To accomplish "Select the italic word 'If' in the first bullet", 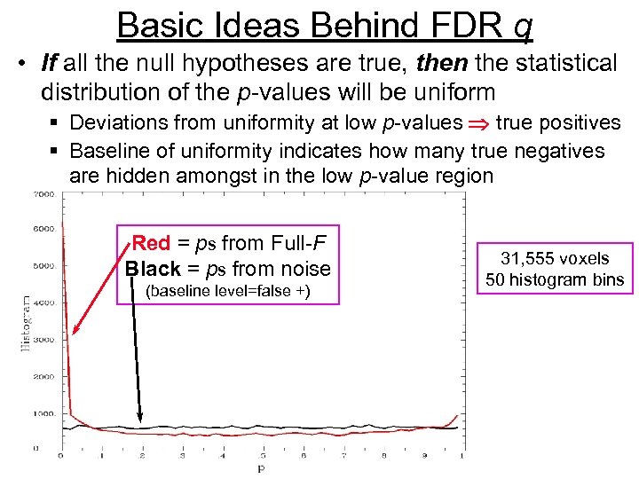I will click(x=51, y=64).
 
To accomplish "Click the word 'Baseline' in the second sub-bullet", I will click(x=106, y=151).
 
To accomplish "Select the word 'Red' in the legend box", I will click(x=151, y=243).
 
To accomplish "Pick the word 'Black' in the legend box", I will click(x=153, y=269).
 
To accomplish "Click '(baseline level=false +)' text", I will click(x=226, y=292).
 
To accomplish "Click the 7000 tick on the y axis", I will click(x=41, y=193).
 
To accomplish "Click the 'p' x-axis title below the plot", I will click(x=259, y=467).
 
